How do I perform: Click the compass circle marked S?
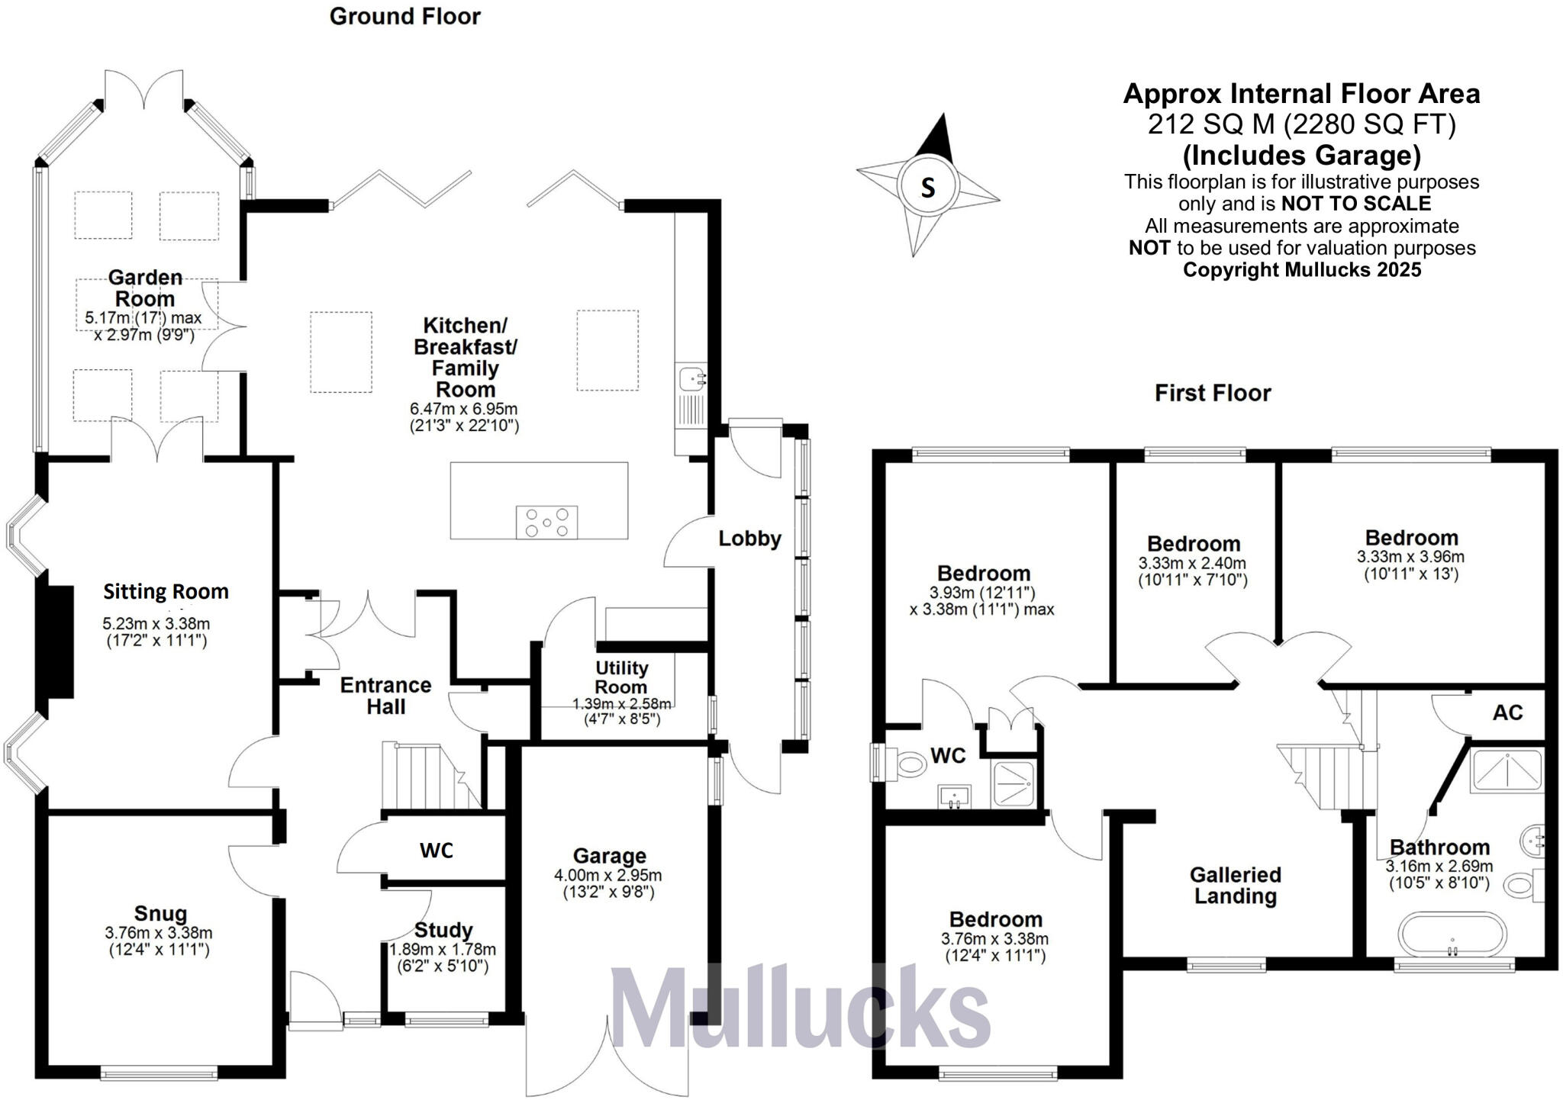(x=927, y=186)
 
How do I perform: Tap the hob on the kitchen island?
(x=546, y=523)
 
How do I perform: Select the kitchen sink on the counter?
(x=693, y=378)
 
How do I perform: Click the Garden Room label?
(x=145, y=288)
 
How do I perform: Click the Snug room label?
(x=160, y=913)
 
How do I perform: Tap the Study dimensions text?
(x=443, y=957)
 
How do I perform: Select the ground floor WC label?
(x=437, y=851)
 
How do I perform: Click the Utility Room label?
(x=621, y=677)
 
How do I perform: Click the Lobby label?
(x=749, y=539)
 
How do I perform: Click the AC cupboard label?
(x=1507, y=712)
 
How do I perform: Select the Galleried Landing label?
(x=1235, y=885)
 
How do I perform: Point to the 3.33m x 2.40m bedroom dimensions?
(x=1192, y=571)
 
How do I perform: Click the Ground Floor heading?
(x=404, y=16)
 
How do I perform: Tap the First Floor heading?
(x=1213, y=393)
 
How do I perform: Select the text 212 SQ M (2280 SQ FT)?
(x=1301, y=124)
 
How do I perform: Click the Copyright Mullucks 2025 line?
(x=1301, y=269)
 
